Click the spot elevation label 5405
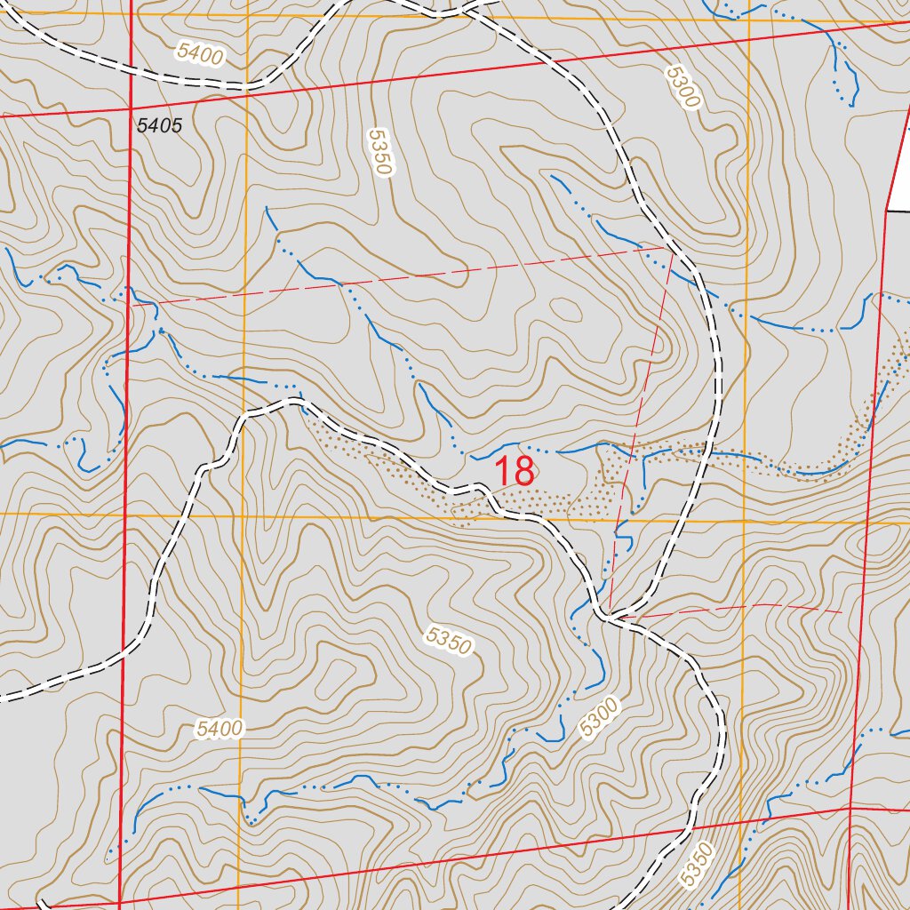click(x=159, y=125)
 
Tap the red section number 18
click(x=515, y=472)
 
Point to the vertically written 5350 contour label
click(x=380, y=152)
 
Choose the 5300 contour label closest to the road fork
click(x=599, y=717)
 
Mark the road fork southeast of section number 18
click(x=610, y=615)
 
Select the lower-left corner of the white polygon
click(x=888, y=211)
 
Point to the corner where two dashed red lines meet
click(x=672, y=249)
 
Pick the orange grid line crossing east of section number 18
click(x=745, y=521)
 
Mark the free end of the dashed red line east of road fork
click(x=841, y=611)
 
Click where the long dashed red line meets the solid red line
click(x=132, y=304)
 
